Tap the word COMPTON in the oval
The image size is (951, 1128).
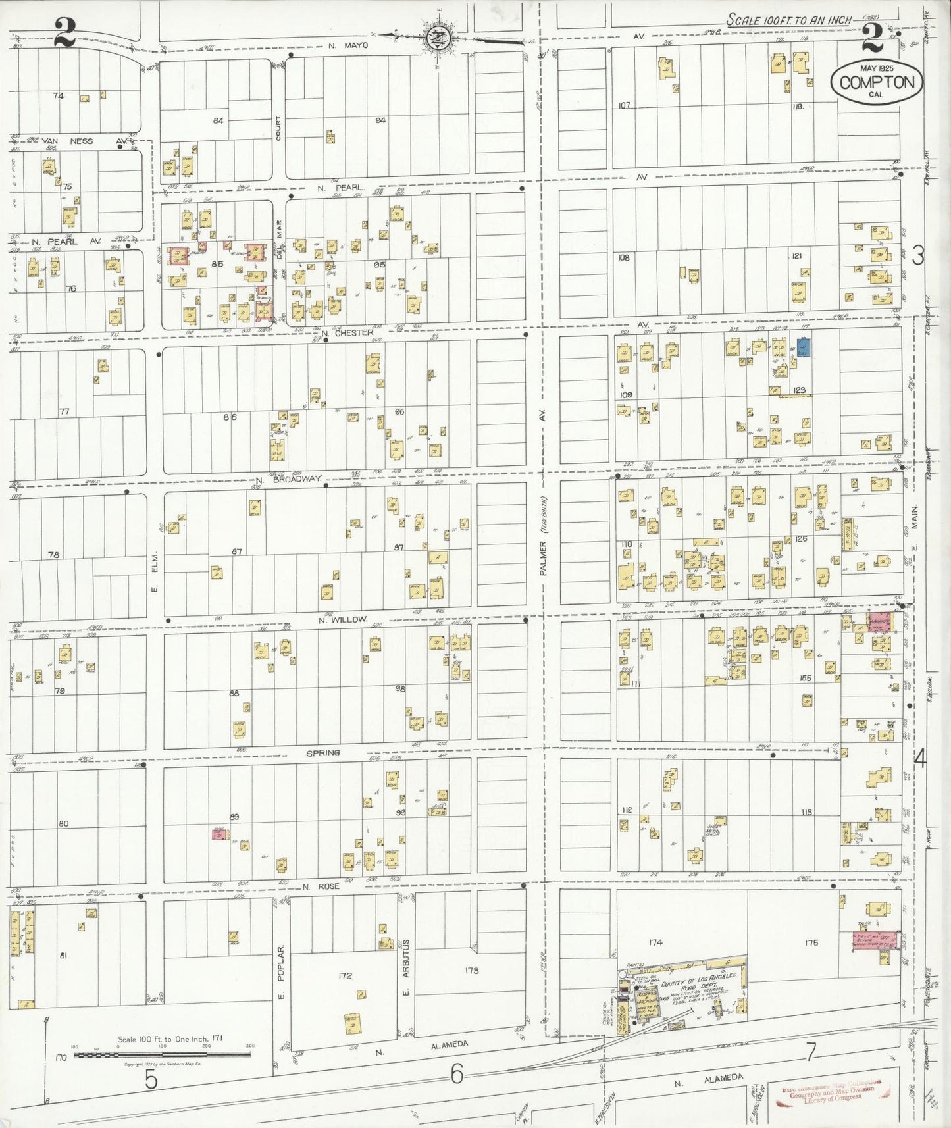click(877, 83)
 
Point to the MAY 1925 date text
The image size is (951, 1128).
click(877, 68)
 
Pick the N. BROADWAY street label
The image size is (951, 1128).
click(288, 480)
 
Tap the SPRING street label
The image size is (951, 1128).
click(322, 752)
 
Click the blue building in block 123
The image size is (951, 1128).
click(804, 347)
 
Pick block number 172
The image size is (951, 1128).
click(344, 976)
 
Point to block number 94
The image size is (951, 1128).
click(380, 120)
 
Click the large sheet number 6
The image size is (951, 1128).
click(457, 1075)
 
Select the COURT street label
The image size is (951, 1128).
click(279, 128)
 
